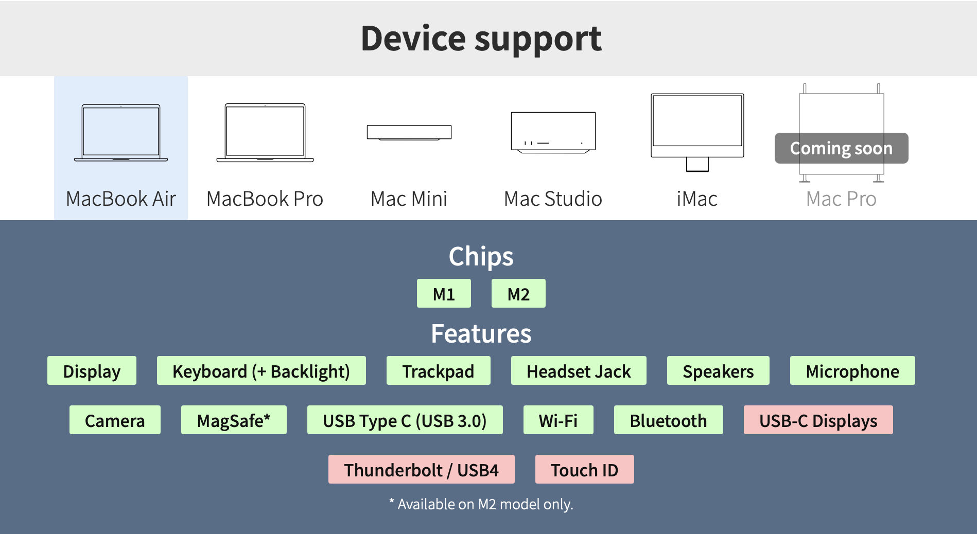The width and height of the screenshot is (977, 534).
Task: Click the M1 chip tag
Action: [444, 293]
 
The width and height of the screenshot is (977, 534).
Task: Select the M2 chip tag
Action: [518, 293]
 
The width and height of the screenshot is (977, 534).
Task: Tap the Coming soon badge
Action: [841, 148]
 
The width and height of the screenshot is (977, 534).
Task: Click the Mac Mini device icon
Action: [409, 132]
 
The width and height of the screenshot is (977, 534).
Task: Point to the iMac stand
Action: [697, 164]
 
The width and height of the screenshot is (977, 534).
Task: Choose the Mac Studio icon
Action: [553, 132]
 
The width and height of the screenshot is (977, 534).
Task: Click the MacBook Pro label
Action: [265, 199]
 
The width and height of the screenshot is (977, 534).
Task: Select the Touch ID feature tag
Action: [584, 469]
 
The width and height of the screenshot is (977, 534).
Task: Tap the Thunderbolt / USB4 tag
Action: [421, 469]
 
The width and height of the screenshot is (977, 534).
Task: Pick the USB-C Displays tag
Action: [818, 420]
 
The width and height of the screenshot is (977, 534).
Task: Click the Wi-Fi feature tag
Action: [558, 420]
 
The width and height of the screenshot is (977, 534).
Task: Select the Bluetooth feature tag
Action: [668, 420]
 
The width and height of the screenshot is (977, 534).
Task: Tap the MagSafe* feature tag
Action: [234, 420]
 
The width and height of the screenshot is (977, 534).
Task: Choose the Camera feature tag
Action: [115, 420]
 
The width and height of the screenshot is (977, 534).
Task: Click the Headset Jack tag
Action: [579, 370]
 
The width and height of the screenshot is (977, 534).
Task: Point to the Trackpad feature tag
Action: [438, 370]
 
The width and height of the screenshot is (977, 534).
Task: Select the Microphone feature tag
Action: [852, 370]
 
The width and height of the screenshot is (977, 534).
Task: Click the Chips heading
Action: [481, 257]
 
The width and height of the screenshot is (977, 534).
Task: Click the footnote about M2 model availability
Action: [481, 504]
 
